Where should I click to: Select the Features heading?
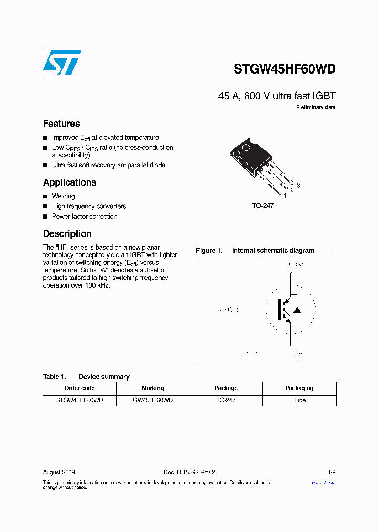tap(61, 124)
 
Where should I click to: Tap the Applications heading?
tap(69, 182)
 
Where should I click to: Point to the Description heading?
tap(67, 233)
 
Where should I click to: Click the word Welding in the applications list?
tap(63, 196)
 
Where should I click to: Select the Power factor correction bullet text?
tap(85, 217)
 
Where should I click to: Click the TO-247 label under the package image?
tap(262, 206)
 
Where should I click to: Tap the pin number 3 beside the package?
tap(298, 185)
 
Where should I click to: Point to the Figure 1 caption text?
tap(255, 251)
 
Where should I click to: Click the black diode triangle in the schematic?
tap(297, 310)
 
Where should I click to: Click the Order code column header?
tap(79, 388)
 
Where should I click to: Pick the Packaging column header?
tap(299, 388)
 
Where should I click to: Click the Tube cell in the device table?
tap(299, 400)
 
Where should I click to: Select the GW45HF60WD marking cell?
tap(153, 400)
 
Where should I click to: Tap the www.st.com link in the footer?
tap(323, 482)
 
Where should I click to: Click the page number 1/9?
tap(331, 472)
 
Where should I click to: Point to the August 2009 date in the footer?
tap(59, 472)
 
